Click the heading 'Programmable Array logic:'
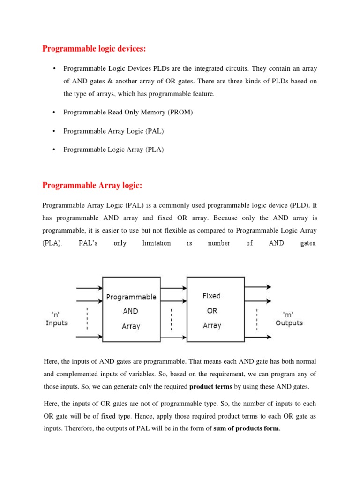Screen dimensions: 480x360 click(x=92, y=186)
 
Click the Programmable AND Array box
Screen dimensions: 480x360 click(x=131, y=309)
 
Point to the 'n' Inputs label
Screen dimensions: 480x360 click(x=56, y=319)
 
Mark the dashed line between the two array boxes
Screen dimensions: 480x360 click(x=172, y=318)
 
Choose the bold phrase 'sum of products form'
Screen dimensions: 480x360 click(x=246, y=427)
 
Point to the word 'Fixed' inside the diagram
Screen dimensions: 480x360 click(x=211, y=296)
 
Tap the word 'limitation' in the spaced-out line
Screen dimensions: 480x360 click(x=157, y=243)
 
